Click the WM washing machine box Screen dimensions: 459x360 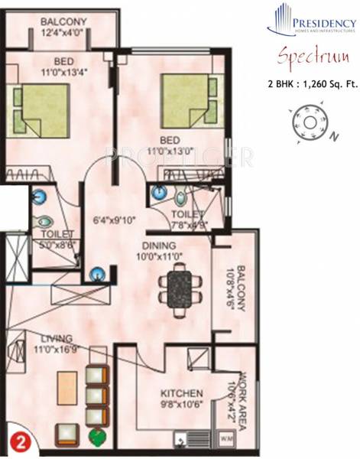click(227, 439)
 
